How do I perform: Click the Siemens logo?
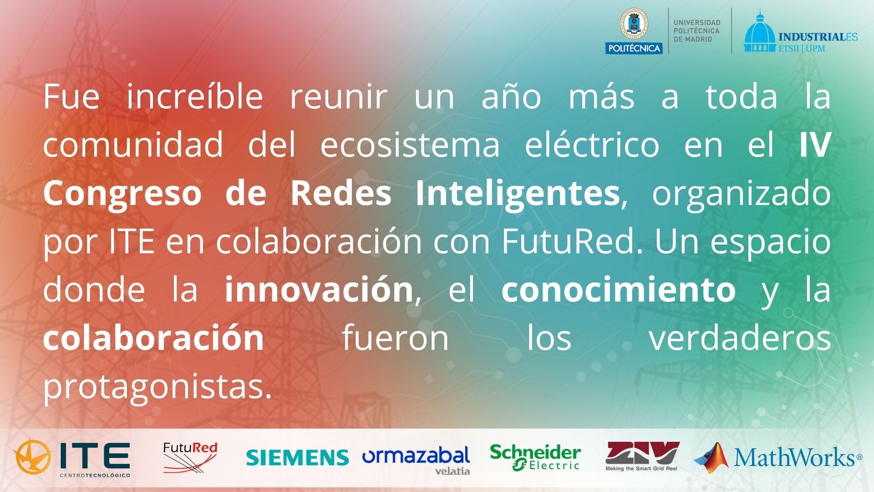coord(297,457)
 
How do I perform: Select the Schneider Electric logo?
coord(535,457)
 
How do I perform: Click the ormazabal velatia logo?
coord(416,460)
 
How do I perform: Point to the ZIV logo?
coord(642,456)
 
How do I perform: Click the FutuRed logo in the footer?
coord(190,457)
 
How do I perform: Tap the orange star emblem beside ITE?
coord(32,456)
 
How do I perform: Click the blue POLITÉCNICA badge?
coord(634,48)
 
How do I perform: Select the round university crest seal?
coord(634,24)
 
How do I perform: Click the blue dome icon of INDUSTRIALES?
coord(759,32)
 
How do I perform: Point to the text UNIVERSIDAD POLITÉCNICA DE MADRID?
coord(697,31)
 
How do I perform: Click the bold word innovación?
coord(319,290)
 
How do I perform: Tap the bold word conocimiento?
coord(619,290)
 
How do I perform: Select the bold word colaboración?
coord(154,338)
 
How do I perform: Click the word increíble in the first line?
coord(195,96)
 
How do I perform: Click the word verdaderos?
coord(740,338)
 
